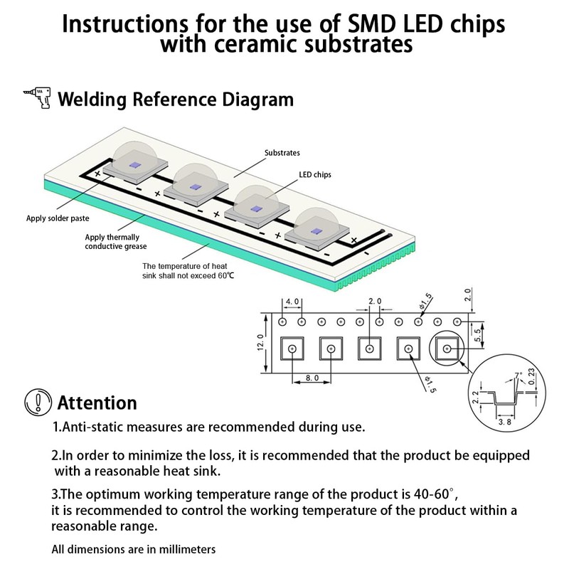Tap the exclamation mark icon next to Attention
(x=37, y=403)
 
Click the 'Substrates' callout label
(x=282, y=153)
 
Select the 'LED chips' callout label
(x=315, y=174)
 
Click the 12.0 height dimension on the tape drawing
(x=261, y=342)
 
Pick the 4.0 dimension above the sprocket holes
(x=292, y=302)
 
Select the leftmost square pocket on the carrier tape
(x=292, y=349)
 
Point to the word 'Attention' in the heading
(x=97, y=403)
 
